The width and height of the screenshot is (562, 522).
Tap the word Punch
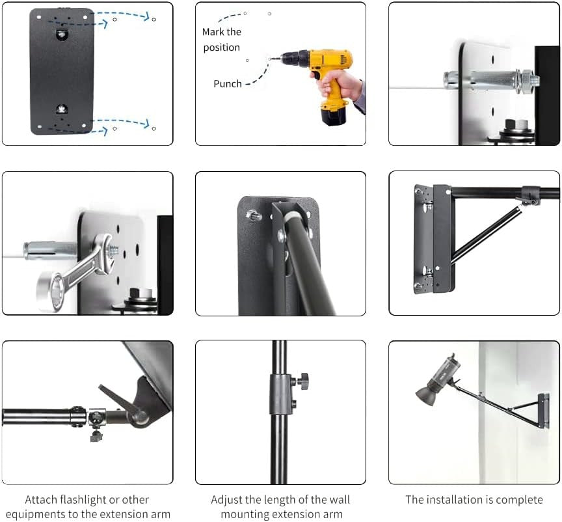(x=228, y=84)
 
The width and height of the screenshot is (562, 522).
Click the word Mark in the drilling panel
(x=213, y=32)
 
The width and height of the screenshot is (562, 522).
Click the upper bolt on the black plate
(x=62, y=34)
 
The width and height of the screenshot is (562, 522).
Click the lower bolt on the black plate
(x=62, y=108)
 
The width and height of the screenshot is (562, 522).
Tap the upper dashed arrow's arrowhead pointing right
(x=146, y=16)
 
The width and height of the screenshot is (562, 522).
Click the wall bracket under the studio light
(x=544, y=411)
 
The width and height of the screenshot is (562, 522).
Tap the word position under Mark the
(x=222, y=48)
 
